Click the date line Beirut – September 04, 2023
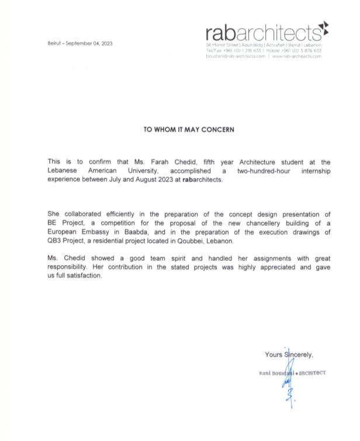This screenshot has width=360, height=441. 80,43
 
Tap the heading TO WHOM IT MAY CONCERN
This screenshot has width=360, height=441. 189,129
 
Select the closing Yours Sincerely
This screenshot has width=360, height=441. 289,354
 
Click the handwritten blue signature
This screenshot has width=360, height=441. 288,383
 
